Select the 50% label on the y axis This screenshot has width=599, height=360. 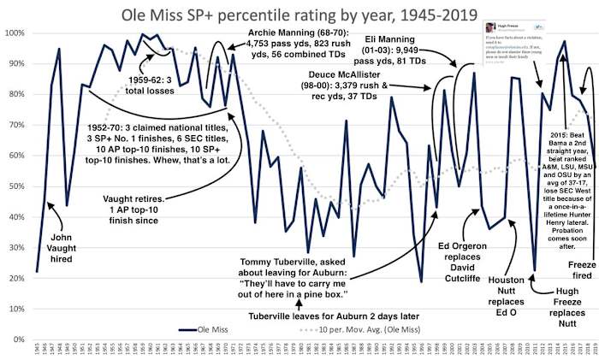point(15,186)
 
